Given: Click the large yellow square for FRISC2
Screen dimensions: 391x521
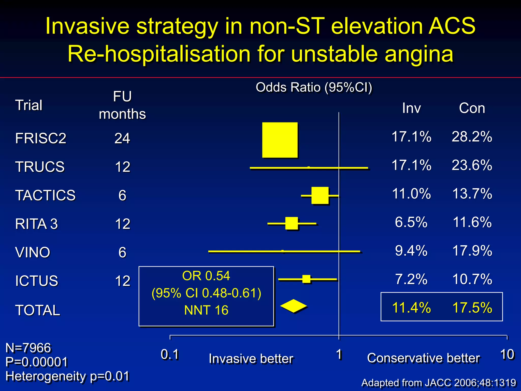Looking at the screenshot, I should (x=280, y=140).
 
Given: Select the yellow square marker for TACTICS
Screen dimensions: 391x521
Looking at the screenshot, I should (x=320, y=195).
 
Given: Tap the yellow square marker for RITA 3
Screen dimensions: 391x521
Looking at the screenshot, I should (x=292, y=223).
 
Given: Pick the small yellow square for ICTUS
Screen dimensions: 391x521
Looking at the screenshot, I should (x=306, y=279).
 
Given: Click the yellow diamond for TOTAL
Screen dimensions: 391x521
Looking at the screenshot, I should (x=294, y=306).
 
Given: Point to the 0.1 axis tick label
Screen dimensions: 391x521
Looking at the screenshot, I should (x=170, y=354).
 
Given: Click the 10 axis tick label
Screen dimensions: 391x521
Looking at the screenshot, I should (x=507, y=354).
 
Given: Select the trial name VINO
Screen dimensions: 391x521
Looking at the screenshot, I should (x=33, y=252).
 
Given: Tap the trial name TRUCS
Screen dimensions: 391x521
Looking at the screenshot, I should (x=40, y=167).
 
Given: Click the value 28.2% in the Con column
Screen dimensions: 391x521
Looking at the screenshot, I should (x=472, y=137).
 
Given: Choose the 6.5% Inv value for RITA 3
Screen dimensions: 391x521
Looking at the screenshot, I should (x=411, y=222).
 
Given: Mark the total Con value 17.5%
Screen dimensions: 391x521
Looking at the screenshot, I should (x=472, y=308).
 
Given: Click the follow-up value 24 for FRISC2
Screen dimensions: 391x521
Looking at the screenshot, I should (x=122, y=138).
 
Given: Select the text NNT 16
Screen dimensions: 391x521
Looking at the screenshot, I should (x=206, y=310).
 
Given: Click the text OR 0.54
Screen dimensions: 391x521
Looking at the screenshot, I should (x=206, y=276).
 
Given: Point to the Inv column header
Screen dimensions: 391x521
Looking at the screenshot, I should (x=411, y=108).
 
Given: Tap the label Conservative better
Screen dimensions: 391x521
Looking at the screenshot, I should (x=423, y=358).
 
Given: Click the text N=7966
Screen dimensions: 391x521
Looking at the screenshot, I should (x=28, y=348).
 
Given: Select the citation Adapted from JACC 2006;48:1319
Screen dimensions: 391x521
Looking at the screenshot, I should (x=439, y=383).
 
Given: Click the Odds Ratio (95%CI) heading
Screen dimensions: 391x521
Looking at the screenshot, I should (x=314, y=87).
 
